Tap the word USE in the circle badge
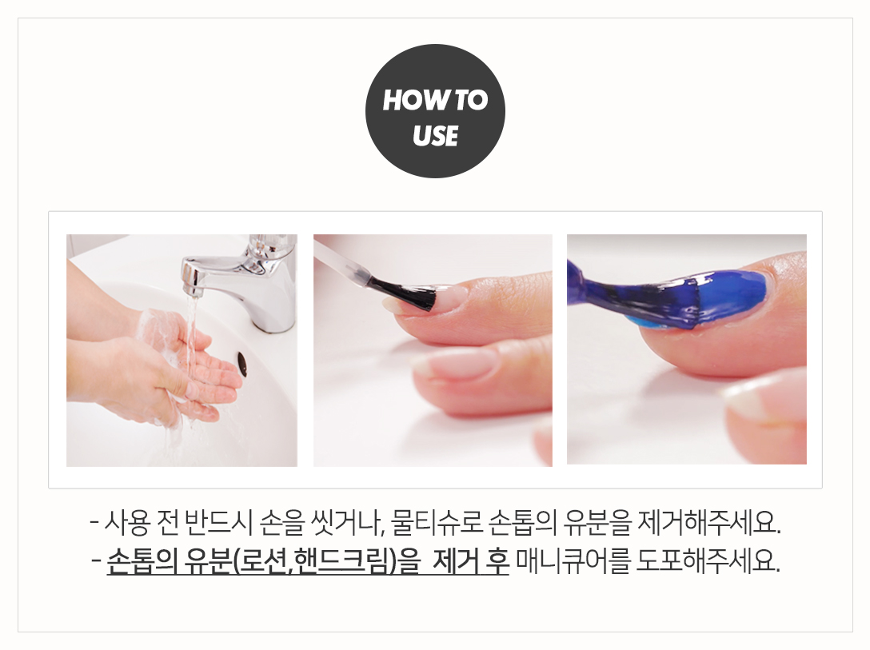point(435,136)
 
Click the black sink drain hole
point(242,363)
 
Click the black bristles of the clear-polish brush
point(409,293)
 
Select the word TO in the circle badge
point(472,101)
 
